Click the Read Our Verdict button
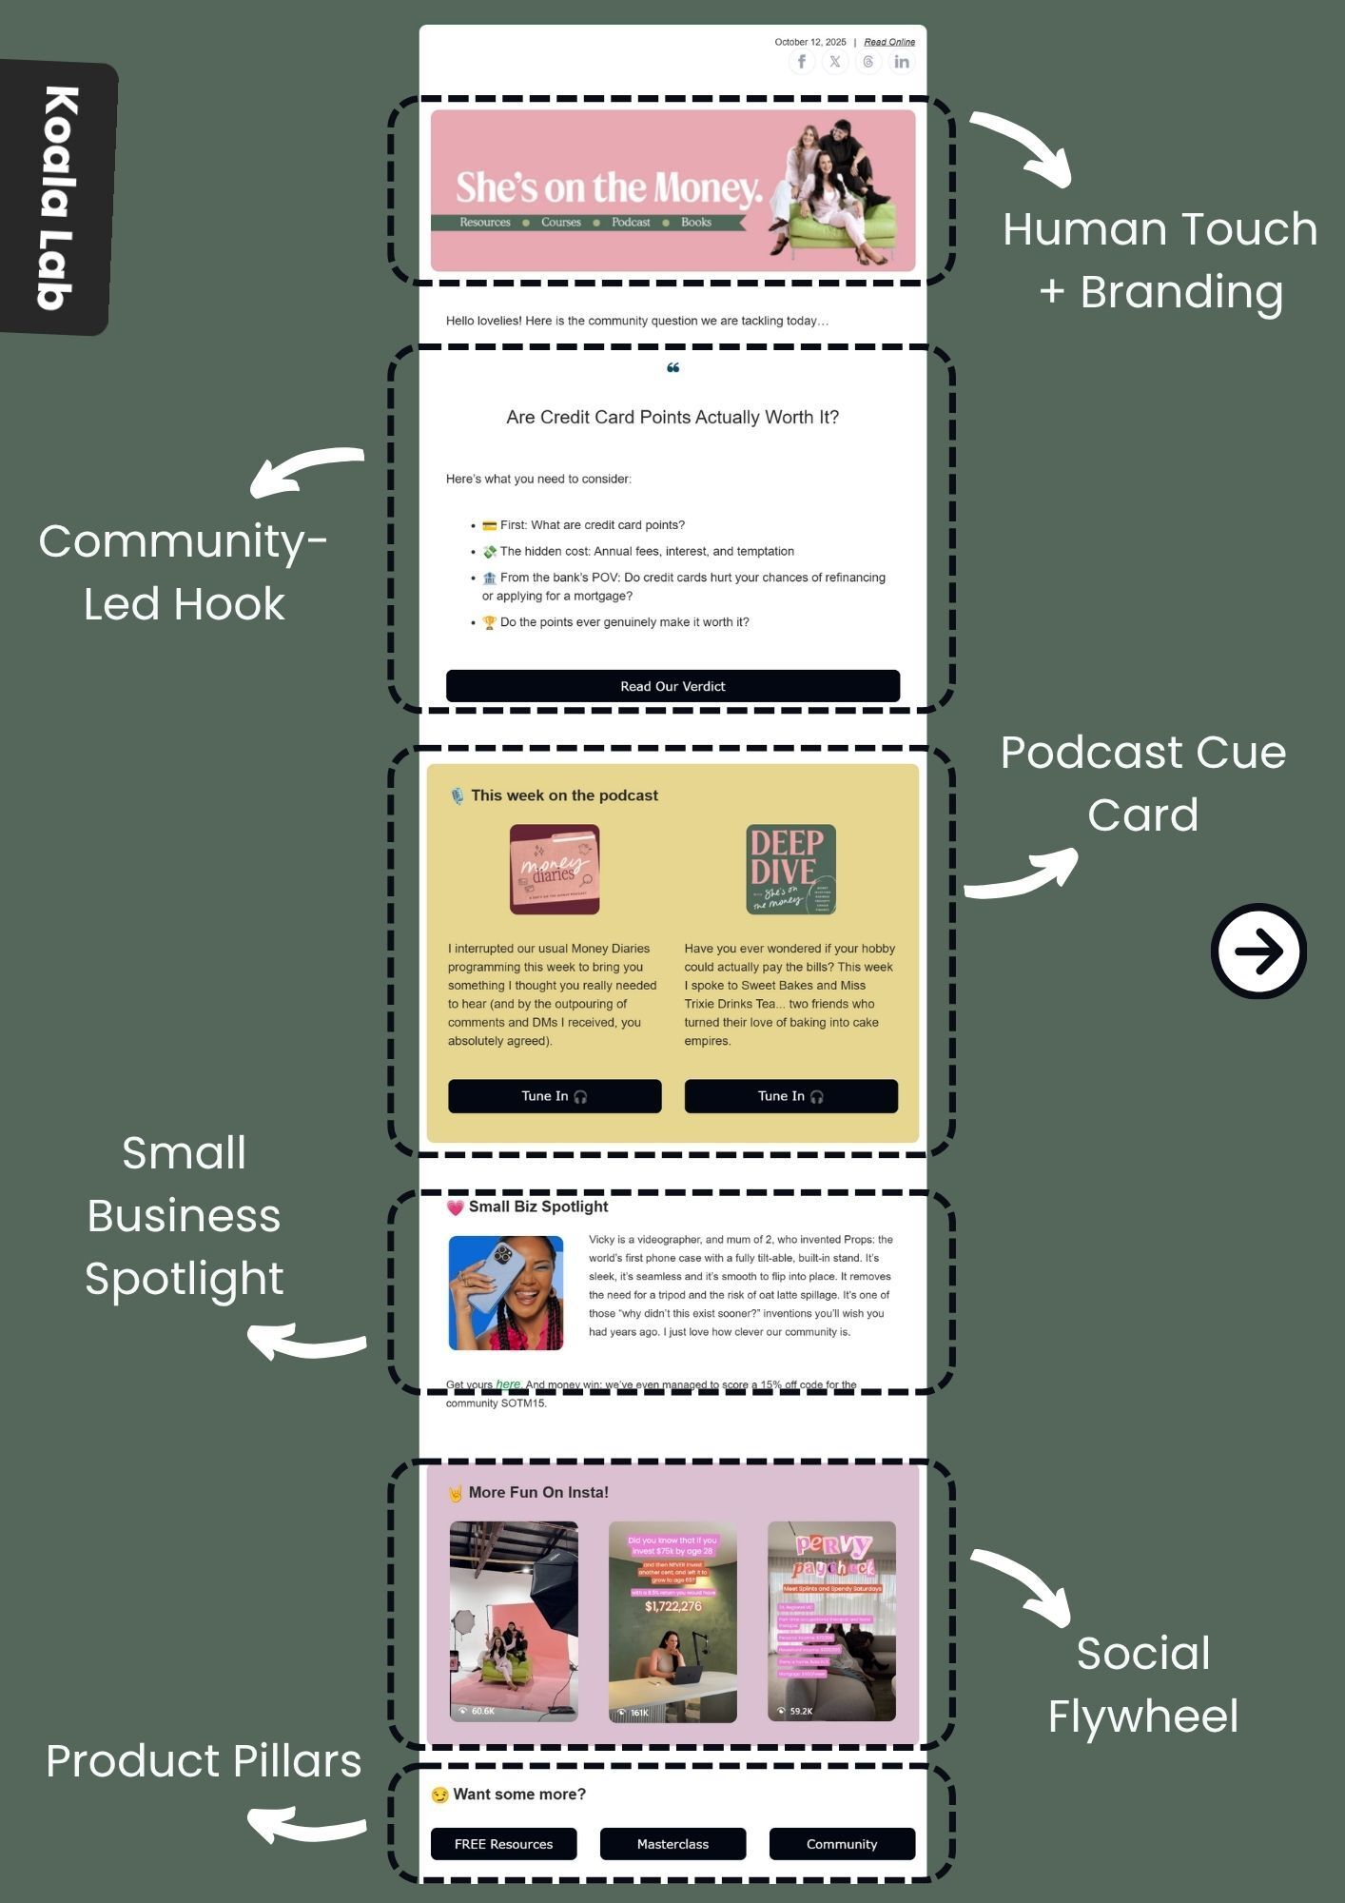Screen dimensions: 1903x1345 (672, 686)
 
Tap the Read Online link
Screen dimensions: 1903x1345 (889, 42)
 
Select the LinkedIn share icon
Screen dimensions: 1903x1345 (901, 63)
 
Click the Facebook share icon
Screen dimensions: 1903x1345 (802, 63)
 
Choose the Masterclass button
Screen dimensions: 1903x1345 (672, 1844)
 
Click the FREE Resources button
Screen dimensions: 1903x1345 (503, 1844)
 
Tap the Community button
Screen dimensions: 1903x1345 (842, 1844)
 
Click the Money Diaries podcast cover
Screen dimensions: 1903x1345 (555, 869)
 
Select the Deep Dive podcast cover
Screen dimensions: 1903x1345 (790, 869)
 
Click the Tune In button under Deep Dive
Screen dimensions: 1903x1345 (790, 1096)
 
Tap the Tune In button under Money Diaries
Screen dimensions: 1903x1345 (555, 1096)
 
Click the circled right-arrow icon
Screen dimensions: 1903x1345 (1258, 951)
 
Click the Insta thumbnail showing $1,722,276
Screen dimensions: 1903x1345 (672, 1621)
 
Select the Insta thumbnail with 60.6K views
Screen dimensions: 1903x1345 (514, 1621)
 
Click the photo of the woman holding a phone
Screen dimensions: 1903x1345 (506, 1293)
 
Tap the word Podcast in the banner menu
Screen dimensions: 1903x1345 (631, 223)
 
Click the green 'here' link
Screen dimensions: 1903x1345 (508, 1384)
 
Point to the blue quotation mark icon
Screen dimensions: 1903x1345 (672, 368)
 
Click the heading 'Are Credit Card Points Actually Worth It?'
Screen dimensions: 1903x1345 (672, 417)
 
